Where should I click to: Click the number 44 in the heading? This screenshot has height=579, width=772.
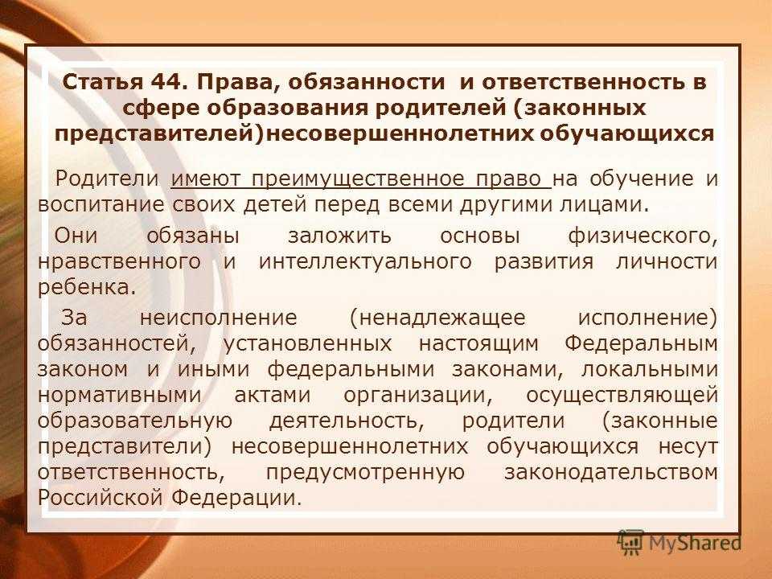166,82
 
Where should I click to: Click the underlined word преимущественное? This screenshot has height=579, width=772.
358,179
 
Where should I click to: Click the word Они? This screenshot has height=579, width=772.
76,236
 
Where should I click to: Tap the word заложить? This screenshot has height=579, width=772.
339,236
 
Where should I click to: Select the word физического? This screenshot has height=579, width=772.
643,236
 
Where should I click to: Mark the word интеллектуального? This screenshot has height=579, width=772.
365,261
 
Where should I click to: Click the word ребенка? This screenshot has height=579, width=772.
87,287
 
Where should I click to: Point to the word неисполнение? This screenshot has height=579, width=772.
219,318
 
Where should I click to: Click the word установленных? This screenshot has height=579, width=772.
308,343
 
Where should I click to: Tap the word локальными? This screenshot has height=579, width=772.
650,370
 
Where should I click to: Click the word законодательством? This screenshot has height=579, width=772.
611,473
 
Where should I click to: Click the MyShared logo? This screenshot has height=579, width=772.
680,543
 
